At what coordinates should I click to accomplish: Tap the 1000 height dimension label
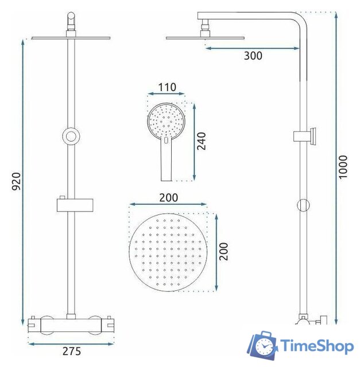pos(343,167)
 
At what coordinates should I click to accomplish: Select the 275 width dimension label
pos(71,351)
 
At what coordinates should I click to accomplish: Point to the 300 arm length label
pos(253,56)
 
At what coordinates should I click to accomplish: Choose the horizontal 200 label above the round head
pos(168,197)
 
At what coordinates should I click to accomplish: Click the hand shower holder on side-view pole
pos(304,136)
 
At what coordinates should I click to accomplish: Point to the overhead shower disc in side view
pos(205,38)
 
